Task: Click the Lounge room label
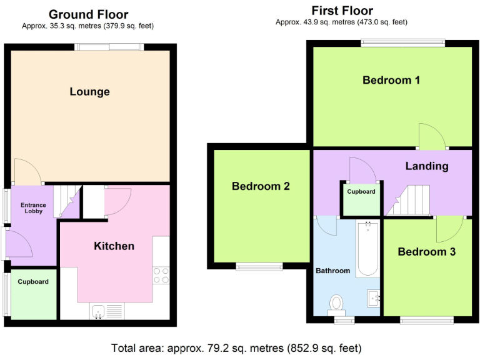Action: [89, 92]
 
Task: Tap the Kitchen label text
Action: [114, 246]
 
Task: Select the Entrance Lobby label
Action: [33, 208]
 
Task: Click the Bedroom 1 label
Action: [391, 80]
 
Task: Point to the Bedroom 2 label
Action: [261, 186]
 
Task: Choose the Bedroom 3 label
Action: [426, 252]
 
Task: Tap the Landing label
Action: [427, 166]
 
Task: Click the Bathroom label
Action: [332, 271]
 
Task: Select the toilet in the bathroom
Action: [337, 303]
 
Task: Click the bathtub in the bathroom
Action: [367, 248]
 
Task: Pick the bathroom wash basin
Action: [374, 298]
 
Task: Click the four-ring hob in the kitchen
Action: [161, 275]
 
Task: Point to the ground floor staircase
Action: [67, 201]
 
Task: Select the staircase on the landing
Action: [410, 201]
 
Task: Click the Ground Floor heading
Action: [88, 14]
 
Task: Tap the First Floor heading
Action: [342, 11]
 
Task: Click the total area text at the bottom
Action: [236, 347]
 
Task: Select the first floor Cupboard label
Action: [361, 191]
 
